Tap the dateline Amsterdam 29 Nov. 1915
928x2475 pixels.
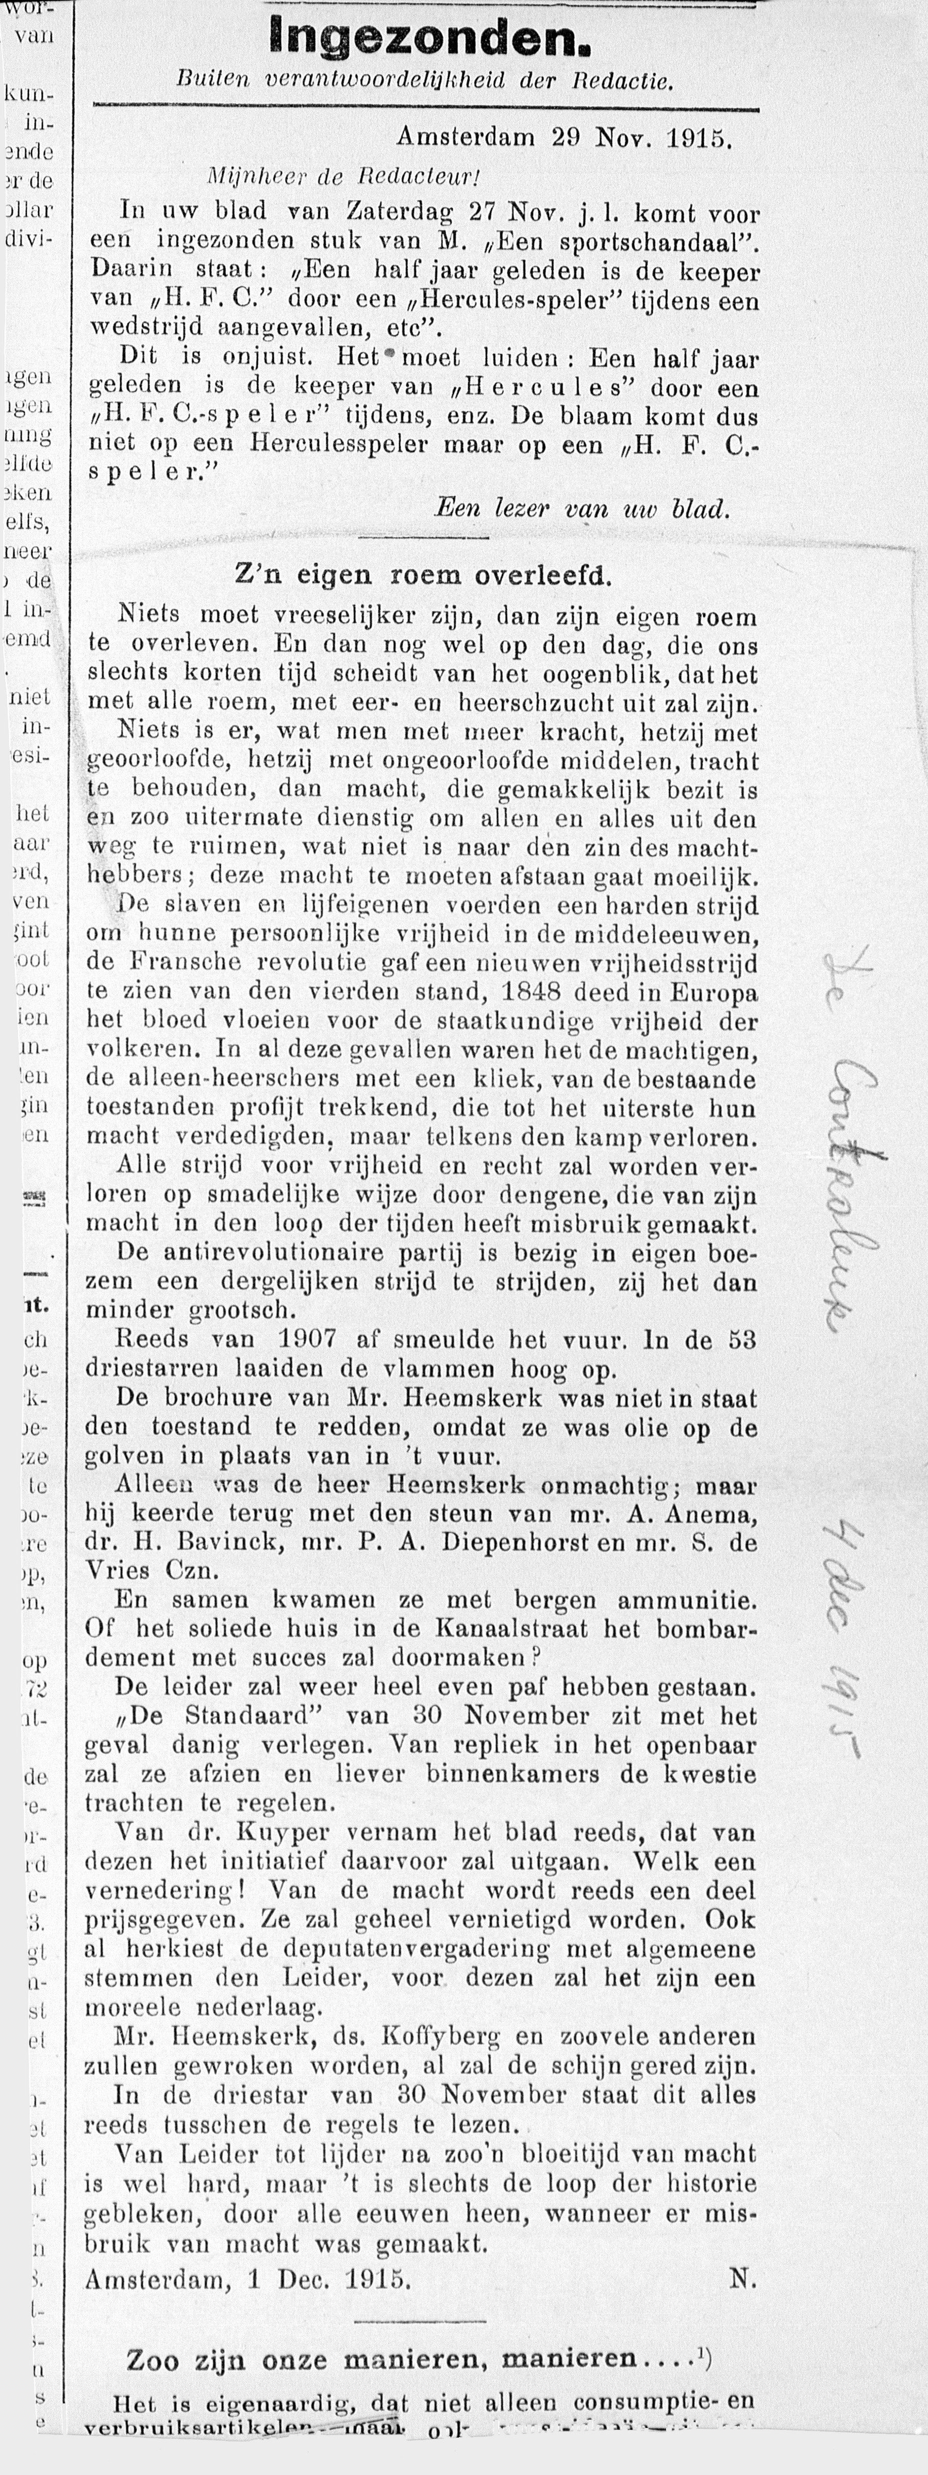[x=565, y=137]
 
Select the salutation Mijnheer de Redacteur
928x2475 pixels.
[x=343, y=177]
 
